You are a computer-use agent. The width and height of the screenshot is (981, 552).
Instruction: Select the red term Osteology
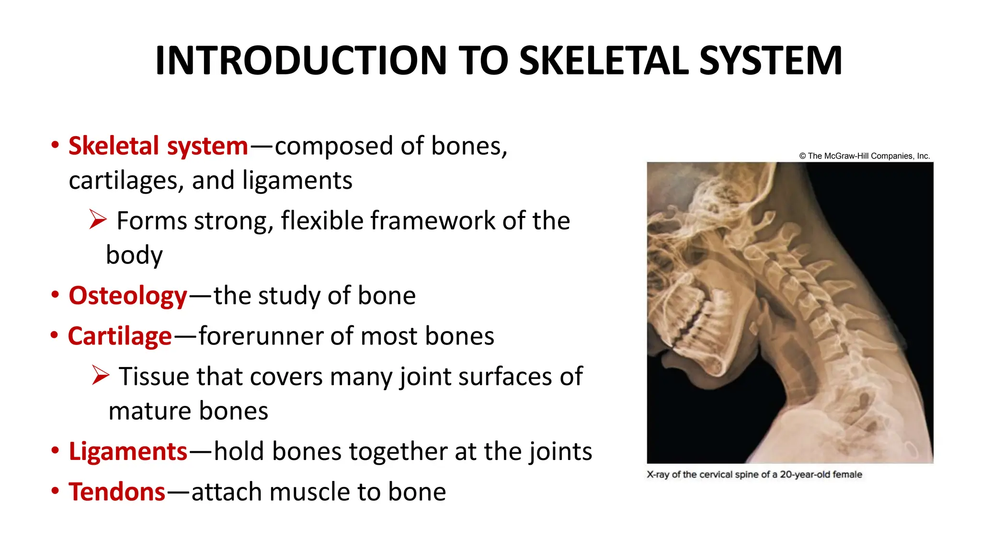pos(127,296)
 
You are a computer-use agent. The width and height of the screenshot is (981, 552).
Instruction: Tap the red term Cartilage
pos(120,336)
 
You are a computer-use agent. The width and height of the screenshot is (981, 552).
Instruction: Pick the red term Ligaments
pos(127,451)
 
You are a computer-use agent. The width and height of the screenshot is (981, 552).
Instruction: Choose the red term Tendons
pos(117,492)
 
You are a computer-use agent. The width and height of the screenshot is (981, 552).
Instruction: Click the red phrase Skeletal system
pos(158,146)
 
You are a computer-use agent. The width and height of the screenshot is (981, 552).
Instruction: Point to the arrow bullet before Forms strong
pos(98,220)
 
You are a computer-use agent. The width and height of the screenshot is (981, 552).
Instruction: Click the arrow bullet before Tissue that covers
pos(101,376)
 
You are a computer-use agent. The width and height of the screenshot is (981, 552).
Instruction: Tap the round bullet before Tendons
pos(56,491)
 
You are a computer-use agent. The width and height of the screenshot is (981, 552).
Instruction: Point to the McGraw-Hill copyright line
pos(864,156)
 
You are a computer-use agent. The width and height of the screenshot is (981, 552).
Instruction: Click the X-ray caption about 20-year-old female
pos(754,474)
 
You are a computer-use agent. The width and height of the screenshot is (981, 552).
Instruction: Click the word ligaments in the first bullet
pos(297,181)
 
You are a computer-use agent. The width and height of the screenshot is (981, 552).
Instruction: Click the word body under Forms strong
pos(134,255)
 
